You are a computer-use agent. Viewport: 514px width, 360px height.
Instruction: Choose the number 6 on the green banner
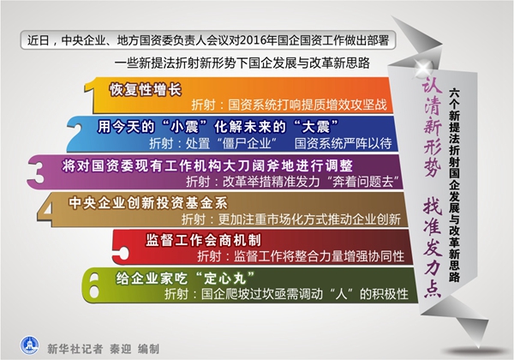pos(93,285)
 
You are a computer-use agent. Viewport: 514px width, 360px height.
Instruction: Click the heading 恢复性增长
pos(146,89)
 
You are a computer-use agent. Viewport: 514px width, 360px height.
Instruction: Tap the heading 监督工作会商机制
pos(203,240)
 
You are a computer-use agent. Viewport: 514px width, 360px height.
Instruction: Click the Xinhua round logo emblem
pos(29,345)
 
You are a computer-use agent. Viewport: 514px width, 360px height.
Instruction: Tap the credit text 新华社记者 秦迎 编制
pos(104,349)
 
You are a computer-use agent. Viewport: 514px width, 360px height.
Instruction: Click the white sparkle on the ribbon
pos(424,69)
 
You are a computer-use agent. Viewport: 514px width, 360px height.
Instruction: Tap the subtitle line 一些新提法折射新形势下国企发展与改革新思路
pos(242,63)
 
